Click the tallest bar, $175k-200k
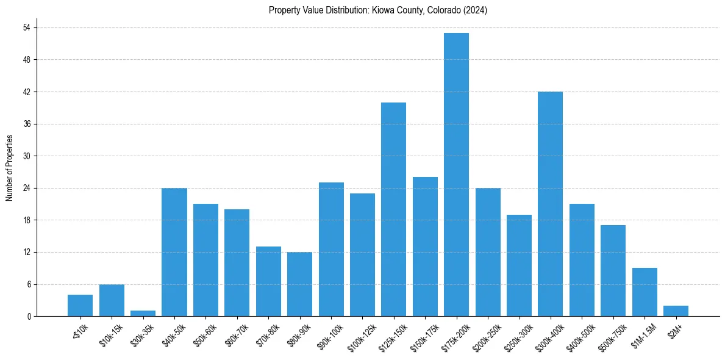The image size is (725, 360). pos(456,175)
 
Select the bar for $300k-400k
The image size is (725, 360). pos(550,204)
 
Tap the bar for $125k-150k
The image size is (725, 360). pos(393,209)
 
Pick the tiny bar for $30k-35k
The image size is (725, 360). pos(143,313)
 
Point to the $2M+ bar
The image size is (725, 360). pos(676,311)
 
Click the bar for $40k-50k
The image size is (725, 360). pos(174,252)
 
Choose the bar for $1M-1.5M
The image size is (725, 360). pos(645,292)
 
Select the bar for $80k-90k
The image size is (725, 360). pos(299,284)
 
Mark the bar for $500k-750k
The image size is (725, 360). pos(613,270)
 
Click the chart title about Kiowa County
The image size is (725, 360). pos(377,10)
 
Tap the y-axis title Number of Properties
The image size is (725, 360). pos(10,167)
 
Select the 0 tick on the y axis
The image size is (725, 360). pos(27,316)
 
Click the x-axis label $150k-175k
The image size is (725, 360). pos(423,336)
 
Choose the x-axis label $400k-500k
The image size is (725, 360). pos(579,336)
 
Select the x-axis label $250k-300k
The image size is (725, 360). pos(516,336)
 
